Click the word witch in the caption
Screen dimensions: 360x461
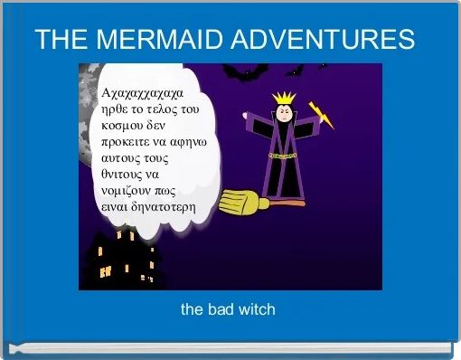[x=256, y=309]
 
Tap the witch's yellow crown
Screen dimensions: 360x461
[x=285, y=98]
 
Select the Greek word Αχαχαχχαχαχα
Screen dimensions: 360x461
[x=144, y=93]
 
